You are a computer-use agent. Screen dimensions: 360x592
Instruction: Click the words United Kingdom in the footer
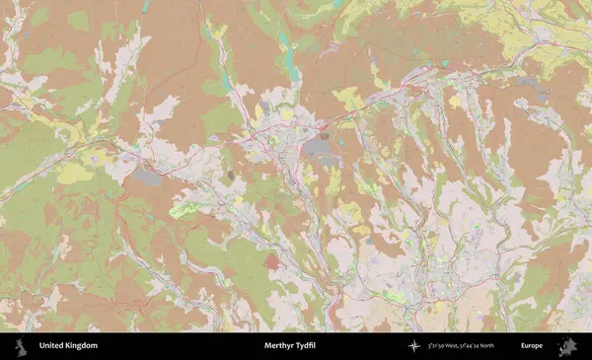coord(68,346)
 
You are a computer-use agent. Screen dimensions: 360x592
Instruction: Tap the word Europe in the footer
coord(532,346)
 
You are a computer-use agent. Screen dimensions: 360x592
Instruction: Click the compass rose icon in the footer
coord(413,346)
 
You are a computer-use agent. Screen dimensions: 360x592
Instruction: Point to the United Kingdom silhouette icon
coord(21,346)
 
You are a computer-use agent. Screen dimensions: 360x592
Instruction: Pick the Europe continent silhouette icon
coord(567,346)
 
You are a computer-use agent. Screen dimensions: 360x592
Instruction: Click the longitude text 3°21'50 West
coord(447,346)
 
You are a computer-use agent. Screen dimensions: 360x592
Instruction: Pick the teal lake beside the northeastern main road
coord(443,64)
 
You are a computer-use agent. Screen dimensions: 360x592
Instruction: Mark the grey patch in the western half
coord(147,177)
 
